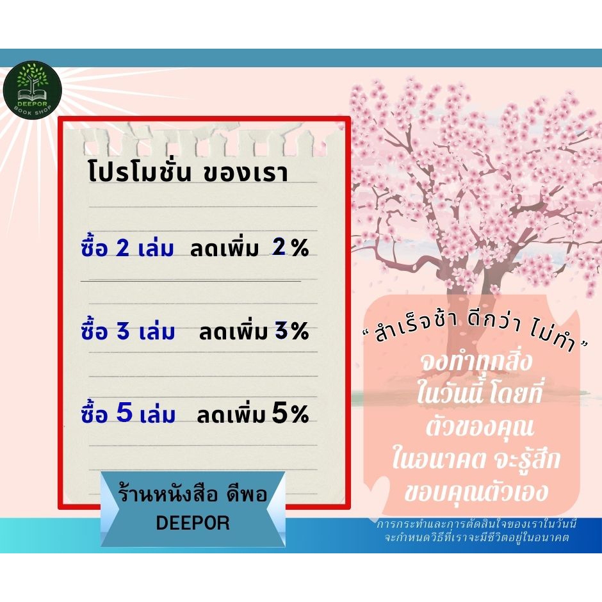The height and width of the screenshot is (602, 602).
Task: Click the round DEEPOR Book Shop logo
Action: [x=32, y=90]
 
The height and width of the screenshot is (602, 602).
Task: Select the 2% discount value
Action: [x=290, y=247]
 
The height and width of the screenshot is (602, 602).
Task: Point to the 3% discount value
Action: [x=292, y=330]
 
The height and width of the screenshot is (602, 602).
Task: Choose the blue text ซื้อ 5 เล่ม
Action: [x=128, y=412]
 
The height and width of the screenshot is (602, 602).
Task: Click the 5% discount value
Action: [x=290, y=414]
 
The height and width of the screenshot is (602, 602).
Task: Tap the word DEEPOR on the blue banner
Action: [x=193, y=523]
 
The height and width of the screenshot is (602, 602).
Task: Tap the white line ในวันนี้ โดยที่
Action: [x=479, y=393]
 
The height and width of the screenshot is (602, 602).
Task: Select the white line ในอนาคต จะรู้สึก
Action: [x=476, y=458]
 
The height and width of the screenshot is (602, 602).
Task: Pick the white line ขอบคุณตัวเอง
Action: [x=476, y=491]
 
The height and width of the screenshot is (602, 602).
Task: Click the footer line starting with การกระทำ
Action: [x=476, y=524]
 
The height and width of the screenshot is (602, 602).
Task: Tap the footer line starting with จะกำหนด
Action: [x=476, y=537]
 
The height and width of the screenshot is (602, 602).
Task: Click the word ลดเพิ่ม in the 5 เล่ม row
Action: [x=231, y=414]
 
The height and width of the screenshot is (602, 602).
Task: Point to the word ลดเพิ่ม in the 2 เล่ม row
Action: [x=225, y=248]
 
